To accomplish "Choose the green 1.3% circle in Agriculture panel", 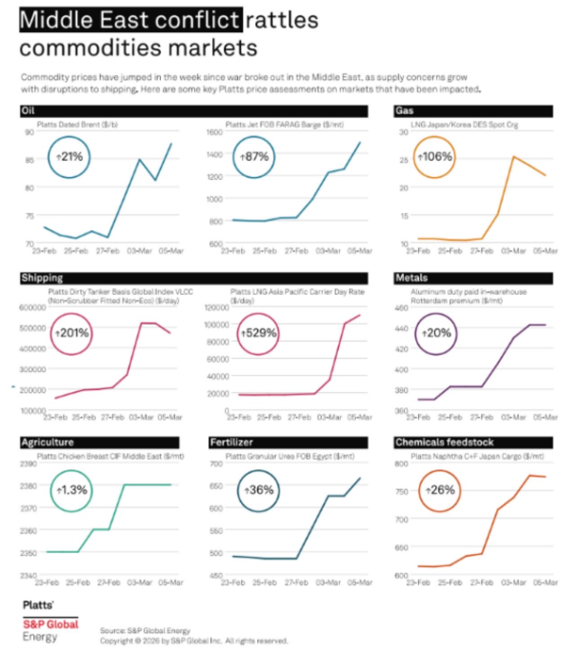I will tap(68, 489).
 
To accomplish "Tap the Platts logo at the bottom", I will tap(38, 605).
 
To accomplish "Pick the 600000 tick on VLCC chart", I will tap(35, 307).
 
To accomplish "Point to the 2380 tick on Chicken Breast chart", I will tap(30, 485).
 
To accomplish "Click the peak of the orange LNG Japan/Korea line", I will tap(513, 156).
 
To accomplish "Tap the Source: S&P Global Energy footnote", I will tap(144, 630).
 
